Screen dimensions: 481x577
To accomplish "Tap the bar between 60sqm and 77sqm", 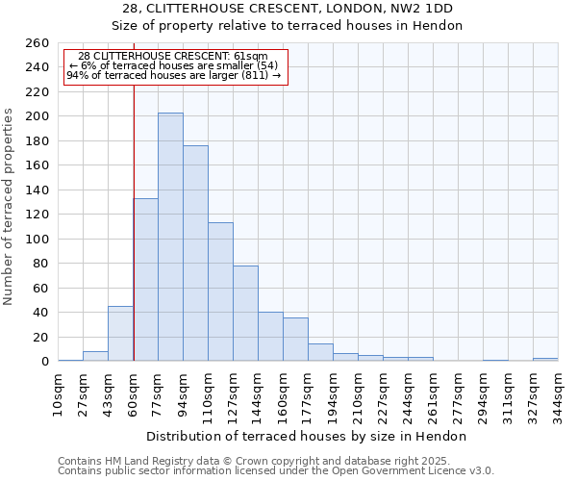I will [x=146, y=279].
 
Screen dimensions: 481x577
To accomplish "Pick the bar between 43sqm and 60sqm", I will [x=120, y=333].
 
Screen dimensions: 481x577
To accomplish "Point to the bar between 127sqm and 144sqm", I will [x=245, y=313].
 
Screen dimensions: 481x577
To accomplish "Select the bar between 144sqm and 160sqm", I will [x=270, y=337].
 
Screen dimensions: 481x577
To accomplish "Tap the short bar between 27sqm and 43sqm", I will [x=95, y=356].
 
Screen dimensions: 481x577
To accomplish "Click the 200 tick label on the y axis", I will [x=38, y=116].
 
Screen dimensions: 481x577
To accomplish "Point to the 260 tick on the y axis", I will [x=38, y=43].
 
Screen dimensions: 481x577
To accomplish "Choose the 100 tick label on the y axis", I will [x=38, y=239].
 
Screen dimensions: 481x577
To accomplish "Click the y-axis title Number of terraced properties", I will [x=10, y=207].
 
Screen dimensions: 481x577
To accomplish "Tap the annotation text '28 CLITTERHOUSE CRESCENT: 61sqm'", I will [x=174, y=56].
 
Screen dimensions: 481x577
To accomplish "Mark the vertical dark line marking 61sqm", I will [x=134, y=192].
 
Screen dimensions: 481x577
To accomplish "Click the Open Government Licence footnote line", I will [x=276, y=470].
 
